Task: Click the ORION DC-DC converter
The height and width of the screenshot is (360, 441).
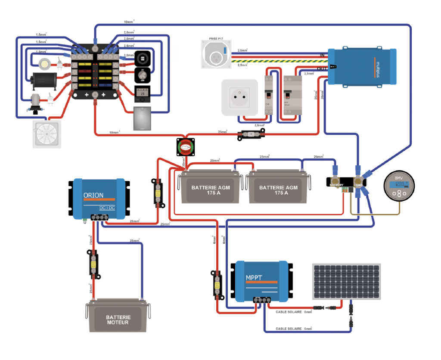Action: click(x=99, y=198)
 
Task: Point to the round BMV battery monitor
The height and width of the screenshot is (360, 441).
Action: click(x=399, y=188)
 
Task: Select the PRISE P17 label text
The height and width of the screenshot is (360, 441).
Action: click(x=217, y=39)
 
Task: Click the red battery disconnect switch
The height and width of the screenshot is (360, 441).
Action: click(x=186, y=147)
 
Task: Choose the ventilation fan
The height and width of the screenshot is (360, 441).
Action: click(x=47, y=134)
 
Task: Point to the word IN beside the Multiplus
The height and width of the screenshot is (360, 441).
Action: click(x=322, y=56)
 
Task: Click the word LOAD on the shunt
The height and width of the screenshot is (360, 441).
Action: click(x=358, y=185)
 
